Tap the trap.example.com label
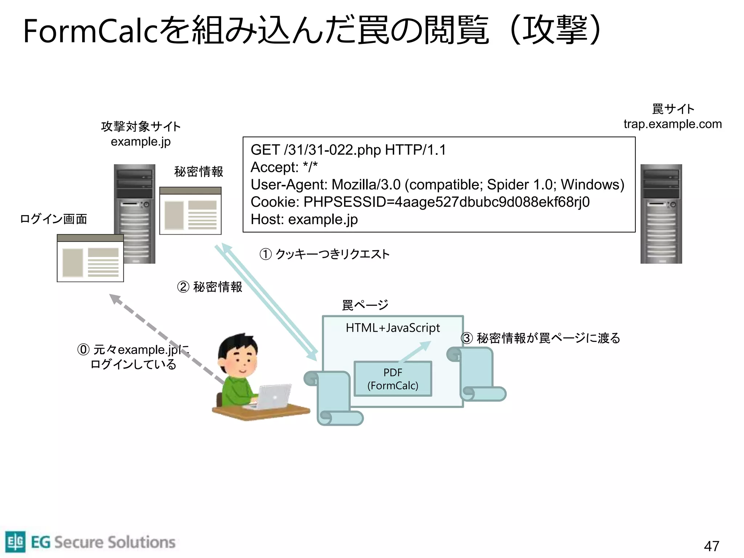pos(672,124)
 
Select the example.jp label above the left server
pos(141,142)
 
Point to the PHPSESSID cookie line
pos(420,202)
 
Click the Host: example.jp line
pos(304,219)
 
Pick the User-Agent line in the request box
pos(437,185)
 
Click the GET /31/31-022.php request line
pos(348,150)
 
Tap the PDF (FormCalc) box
pos(393,379)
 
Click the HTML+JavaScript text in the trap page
pos(393,328)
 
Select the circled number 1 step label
pos(266,254)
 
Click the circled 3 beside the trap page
pos(467,338)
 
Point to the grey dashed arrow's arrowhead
pos(114,298)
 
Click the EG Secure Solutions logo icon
pos(15,542)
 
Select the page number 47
pos(711,546)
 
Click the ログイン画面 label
pos(53,219)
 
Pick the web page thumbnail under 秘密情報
pos(190,211)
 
